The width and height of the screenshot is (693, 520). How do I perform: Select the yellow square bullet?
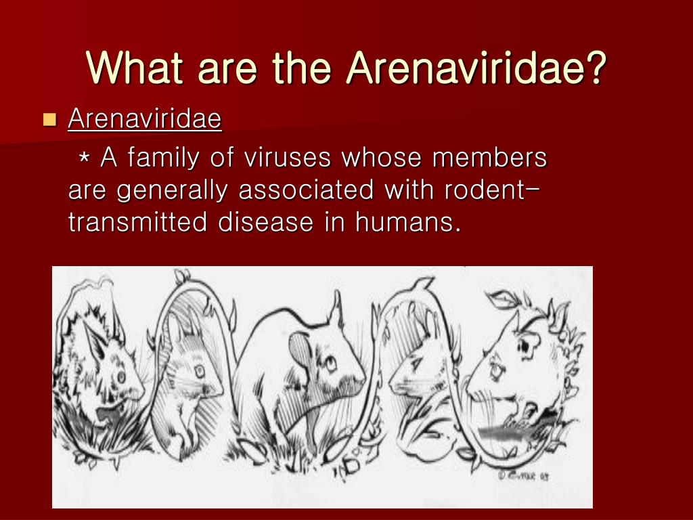(49, 121)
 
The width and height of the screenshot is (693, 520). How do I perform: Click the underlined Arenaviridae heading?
(145, 120)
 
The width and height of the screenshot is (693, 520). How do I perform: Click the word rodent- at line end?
(491, 190)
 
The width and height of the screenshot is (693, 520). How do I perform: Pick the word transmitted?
(136, 223)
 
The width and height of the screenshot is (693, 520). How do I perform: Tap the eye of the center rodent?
(330, 364)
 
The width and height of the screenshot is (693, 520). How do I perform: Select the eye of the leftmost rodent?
(120, 374)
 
